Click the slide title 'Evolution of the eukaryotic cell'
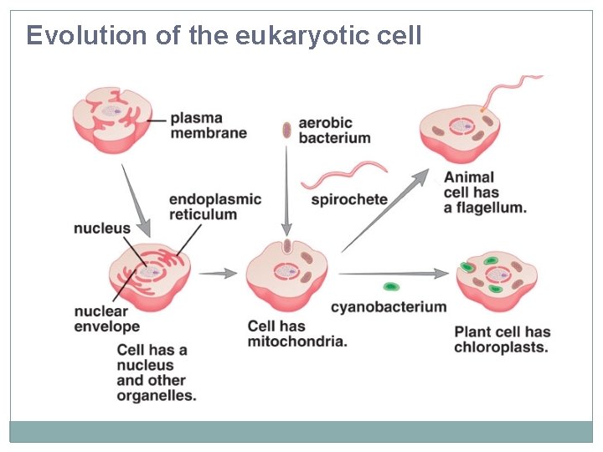point(224,36)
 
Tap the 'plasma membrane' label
point(209,126)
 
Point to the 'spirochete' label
point(349,200)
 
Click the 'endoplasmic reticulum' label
point(215,207)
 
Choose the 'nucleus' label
point(102,228)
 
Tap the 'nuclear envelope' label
point(107,318)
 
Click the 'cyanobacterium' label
point(389,307)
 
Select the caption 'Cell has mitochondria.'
point(297,333)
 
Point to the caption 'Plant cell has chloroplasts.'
point(502,339)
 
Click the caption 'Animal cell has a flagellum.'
point(485,193)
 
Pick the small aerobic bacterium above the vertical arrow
point(286,130)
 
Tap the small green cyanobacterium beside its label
point(390,287)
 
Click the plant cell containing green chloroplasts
point(497,279)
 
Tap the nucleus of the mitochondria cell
point(286,272)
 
